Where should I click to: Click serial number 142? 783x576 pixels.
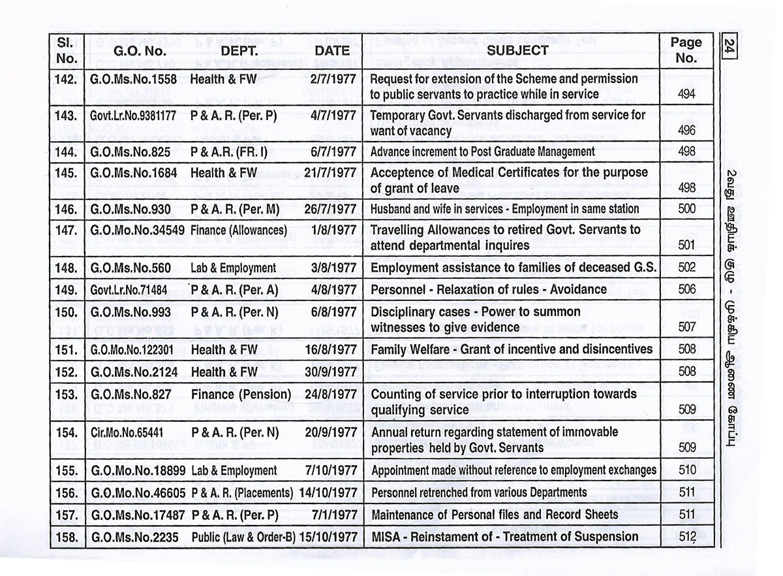67,79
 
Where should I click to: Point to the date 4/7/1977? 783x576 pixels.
334,116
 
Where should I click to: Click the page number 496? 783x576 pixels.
686,131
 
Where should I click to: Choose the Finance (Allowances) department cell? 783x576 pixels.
239,231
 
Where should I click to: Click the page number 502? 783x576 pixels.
686,268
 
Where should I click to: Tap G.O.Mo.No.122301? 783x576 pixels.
132,350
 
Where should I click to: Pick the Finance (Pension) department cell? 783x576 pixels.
241,394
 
